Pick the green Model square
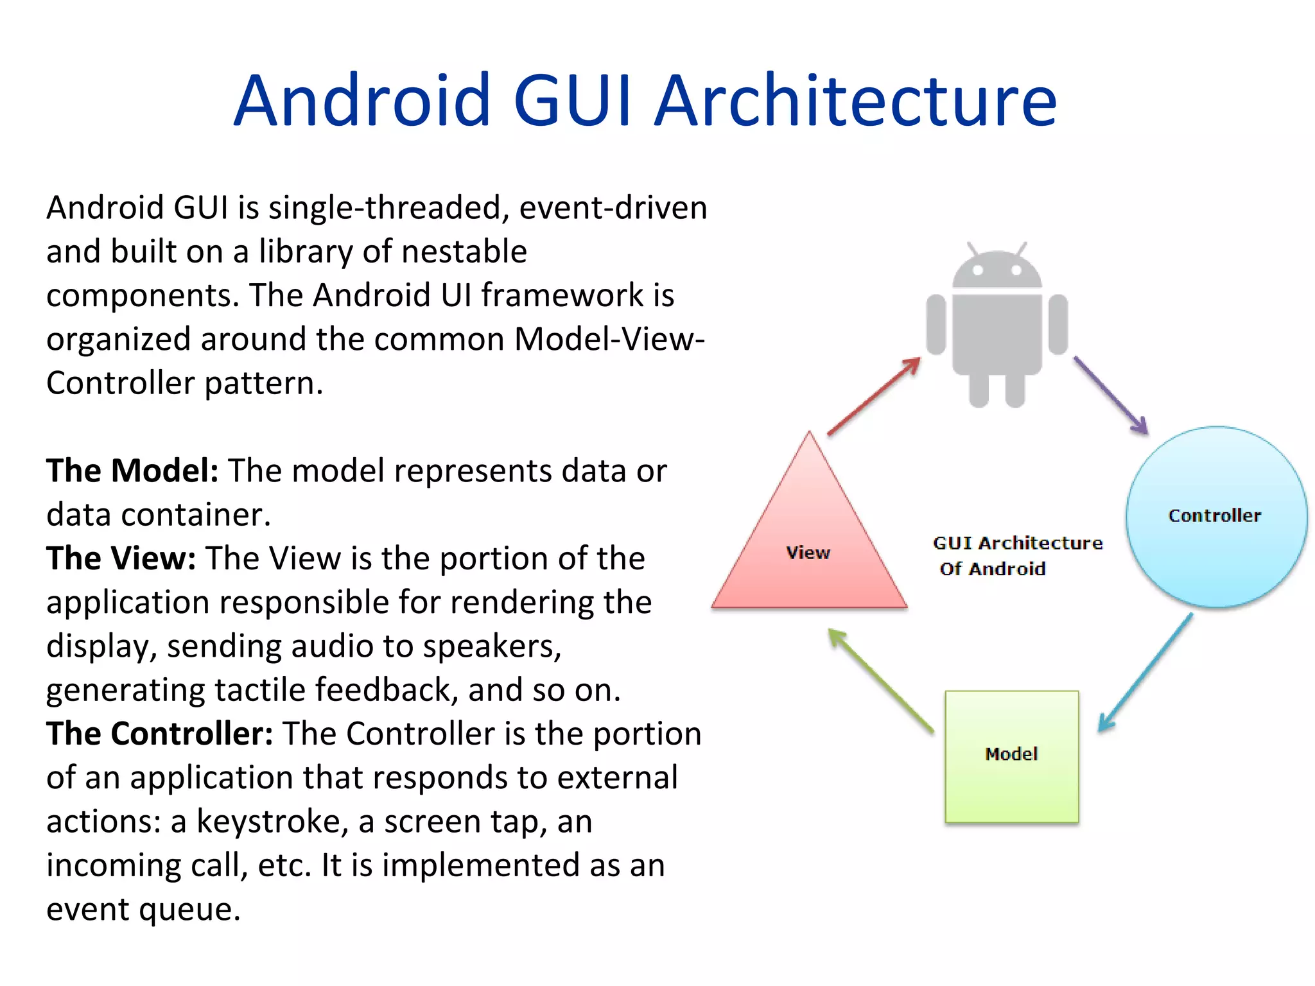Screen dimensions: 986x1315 click(x=1011, y=756)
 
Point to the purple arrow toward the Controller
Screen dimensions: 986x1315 click(x=1111, y=395)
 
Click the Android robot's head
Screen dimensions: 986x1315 click(x=997, y=270)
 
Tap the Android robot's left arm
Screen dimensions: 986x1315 click(x=936, y=324)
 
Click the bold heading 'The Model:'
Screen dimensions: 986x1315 click(x=132, y=471)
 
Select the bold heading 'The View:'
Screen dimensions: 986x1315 click(x=121, y=558)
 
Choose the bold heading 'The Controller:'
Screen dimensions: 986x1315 click(x=160, y=733)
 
